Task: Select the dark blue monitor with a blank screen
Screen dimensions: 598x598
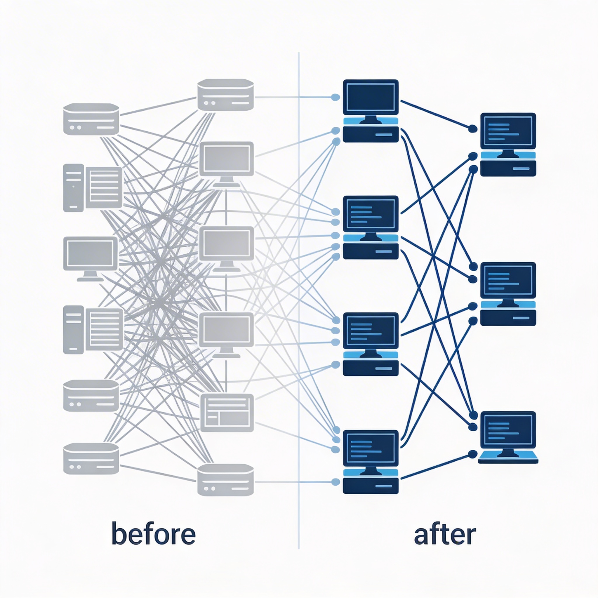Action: pyautogui.click(x=371, y=98)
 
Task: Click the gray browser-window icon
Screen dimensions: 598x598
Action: pyautogui.click(x=227, y=413)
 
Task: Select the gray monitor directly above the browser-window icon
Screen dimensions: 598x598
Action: pyautogui.click(x=226, y=331)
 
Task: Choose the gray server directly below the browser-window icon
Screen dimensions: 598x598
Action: pyautogui.click(x=225, y=479)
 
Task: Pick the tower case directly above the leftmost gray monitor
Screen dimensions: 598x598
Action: pyautogui.click(x=73, y=187)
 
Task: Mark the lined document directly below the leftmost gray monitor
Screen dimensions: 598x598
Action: pyautogui.click(x=104, y=329)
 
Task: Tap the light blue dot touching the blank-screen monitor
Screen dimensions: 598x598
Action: pyautogui.click(x=335, y=97)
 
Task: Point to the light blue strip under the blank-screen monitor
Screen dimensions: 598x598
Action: pyautogui.click(x=371, y=121)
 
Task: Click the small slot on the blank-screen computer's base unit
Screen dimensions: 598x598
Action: pyautogui.click(x=383, y=135)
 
